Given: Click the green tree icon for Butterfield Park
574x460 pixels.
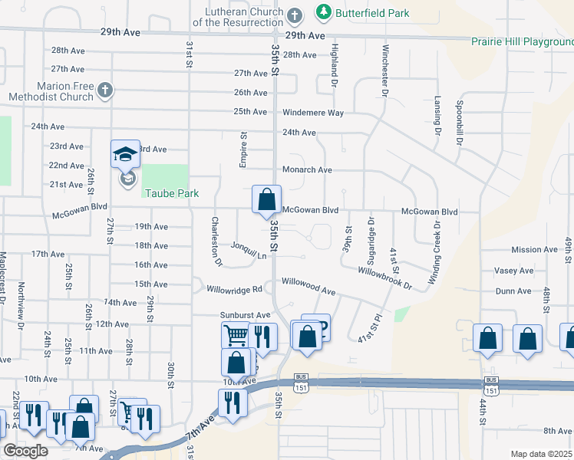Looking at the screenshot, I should coord(324,13).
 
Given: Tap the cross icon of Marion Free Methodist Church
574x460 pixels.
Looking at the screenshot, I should coord(105,91).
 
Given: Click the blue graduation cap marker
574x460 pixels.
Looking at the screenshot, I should coord(126,154).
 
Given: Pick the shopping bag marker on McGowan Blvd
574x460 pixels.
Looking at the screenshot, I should coord(266,199).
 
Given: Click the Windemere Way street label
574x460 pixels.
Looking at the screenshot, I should coord(313,113).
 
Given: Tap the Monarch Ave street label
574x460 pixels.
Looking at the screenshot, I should coord(307,170).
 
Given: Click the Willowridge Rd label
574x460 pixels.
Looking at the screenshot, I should coord(235,289).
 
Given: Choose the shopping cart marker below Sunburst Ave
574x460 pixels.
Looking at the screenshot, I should coord(236,334).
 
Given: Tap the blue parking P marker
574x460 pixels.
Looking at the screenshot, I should coord(316,328).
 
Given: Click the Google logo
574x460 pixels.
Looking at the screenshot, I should coord(25,451).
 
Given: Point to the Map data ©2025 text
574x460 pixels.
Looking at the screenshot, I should coord(541,454).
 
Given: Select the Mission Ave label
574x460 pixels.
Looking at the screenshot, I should coord(535,250).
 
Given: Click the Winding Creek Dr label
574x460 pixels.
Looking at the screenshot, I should coord(435,251).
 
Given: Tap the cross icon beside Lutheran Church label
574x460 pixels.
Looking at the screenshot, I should coord(294,15).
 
